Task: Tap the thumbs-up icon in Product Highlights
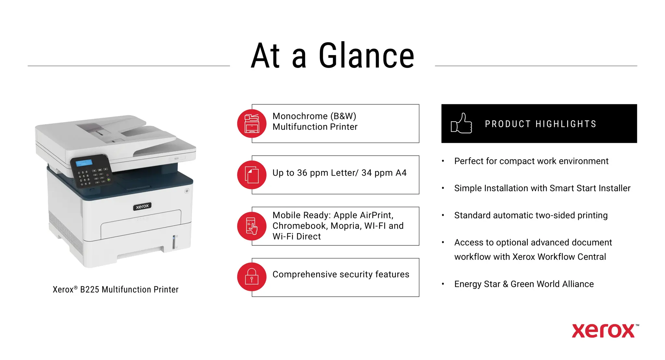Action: pyautogui.click(x=461, y=123)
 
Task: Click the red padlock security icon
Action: pyautogui.click(x=252, y=277)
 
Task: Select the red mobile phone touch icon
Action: pyautogui.click(x=252, y=226)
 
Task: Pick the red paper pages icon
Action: pyautogui.click(x=252, y=175)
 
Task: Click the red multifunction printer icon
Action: pyautogui.click(x=252, y=123)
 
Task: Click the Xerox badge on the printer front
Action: pyautogui.click(x=142, y=206)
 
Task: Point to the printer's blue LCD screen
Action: pyautogui.click(x=84, y=163)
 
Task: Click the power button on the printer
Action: pyautogui.click(x=187, y=191)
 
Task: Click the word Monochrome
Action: pyautogui.click(x=300, y=116)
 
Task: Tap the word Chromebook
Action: pyautogui.click(x=300, y=226)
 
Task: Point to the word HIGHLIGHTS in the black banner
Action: pyautogui.click(x=566, y=124)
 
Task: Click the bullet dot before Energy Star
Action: pyautogui.click(x=443, y=284)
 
